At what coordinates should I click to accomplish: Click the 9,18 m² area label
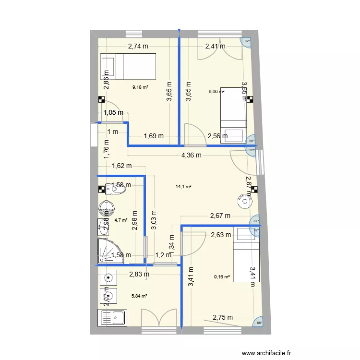[140, 87]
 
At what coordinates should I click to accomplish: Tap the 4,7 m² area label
[120, 221]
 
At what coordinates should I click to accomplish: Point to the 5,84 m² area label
[140, 296]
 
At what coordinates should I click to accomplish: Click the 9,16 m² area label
[222, 276]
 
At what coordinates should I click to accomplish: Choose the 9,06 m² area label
[216, 91]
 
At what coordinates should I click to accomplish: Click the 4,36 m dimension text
[191, 155]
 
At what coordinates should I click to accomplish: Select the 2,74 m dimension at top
[138, 47]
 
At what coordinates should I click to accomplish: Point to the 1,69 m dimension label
[154, 136]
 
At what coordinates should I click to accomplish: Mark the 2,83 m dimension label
[139, 274]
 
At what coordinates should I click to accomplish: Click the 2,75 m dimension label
[223, 317]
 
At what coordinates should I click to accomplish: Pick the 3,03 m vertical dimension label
[154, 220]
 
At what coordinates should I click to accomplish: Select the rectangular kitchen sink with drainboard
[112, 318]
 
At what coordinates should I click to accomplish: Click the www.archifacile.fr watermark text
[266, 353]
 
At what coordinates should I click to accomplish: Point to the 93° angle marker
[252, 150]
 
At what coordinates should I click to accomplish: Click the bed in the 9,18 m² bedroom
[128, 66]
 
